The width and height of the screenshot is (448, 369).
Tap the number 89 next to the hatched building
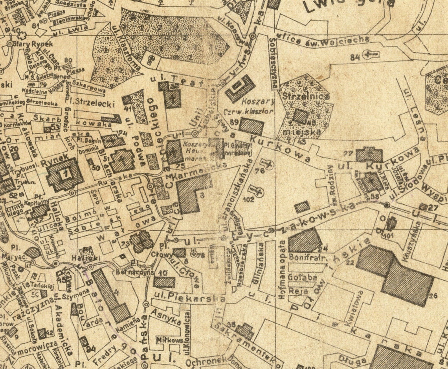tap(234, 122)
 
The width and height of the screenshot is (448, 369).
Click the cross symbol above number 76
tap(268, 163)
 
